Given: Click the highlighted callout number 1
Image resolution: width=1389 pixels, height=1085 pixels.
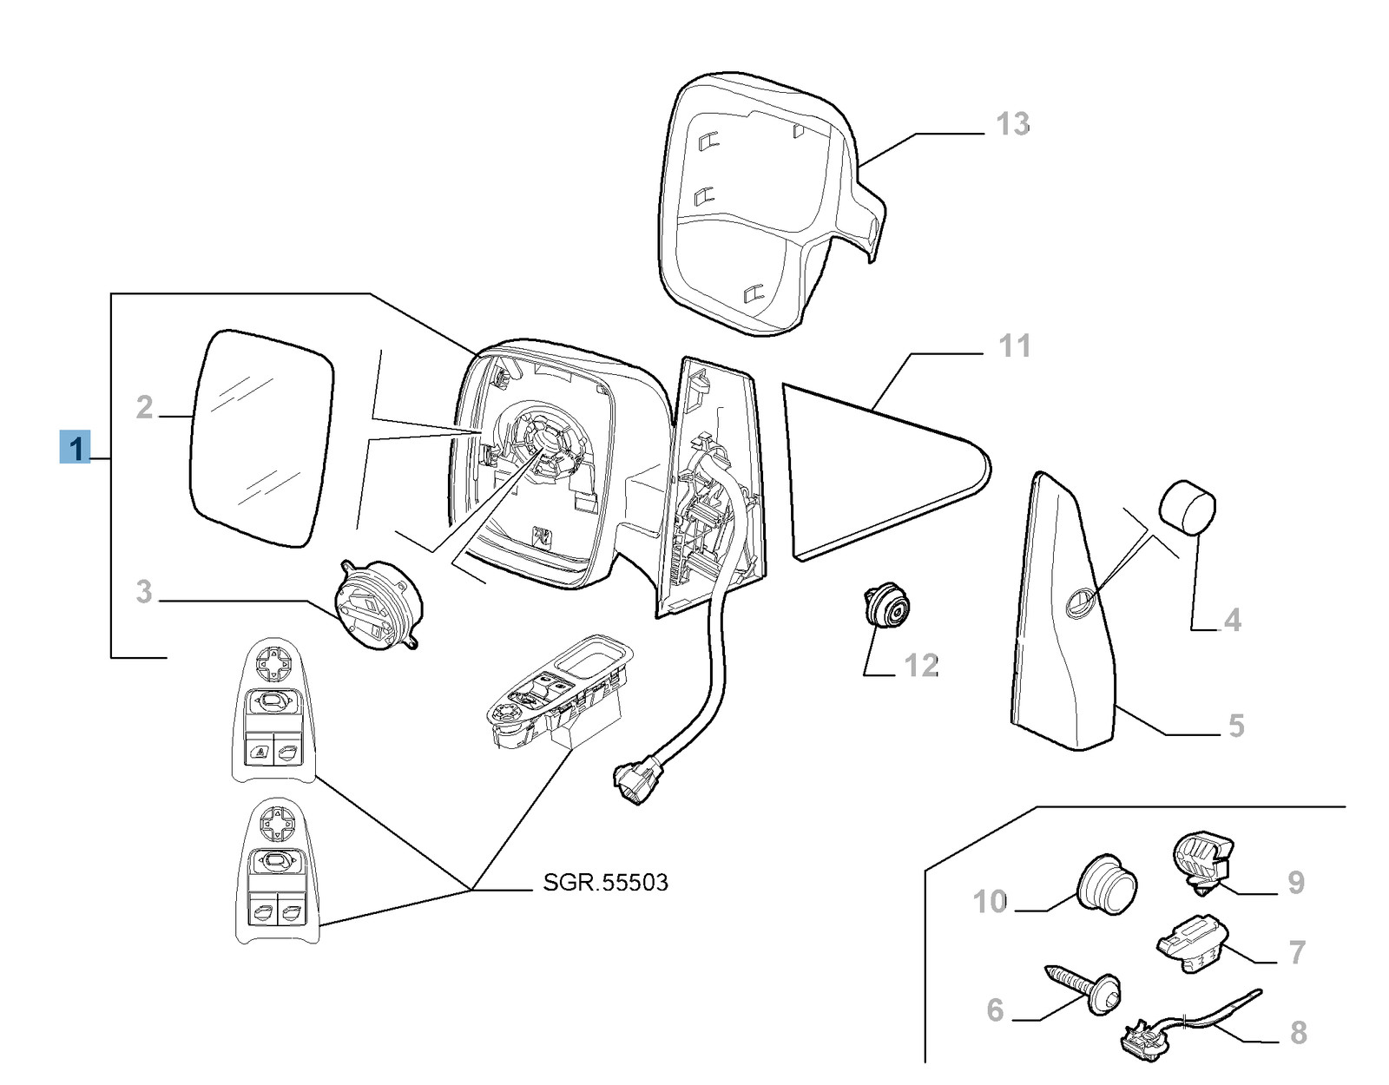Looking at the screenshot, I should [x=76, y=448].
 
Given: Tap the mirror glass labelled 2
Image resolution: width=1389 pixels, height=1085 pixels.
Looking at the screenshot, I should [x=260, y=438].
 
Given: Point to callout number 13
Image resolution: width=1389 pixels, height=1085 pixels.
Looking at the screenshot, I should [x=1012, y=124].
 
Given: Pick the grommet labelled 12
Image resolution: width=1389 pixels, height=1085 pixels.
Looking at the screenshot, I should [x=885, y=607].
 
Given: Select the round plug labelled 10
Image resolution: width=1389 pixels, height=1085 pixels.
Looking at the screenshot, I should [x=1107, y=885].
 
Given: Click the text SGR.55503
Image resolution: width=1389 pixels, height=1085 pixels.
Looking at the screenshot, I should [x=605, y=883].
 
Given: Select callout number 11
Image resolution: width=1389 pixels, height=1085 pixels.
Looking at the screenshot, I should [x=1014, y=346].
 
